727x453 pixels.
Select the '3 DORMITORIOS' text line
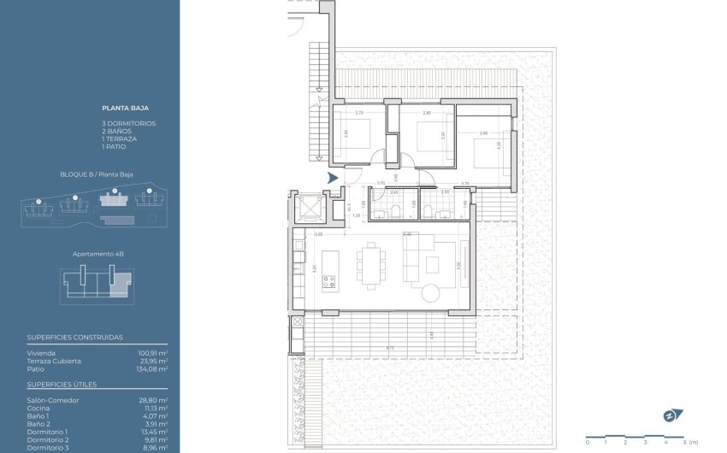[128, 124]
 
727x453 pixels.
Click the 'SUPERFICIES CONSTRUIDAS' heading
[74, 338]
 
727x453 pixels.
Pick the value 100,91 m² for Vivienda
[153, 352]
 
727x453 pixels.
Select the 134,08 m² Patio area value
[153, 368]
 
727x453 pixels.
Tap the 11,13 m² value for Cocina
[155, 408]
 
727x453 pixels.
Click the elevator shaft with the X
[304, 208]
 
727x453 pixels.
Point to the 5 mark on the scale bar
[685, 442]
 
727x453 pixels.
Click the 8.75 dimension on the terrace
[389, 348]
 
